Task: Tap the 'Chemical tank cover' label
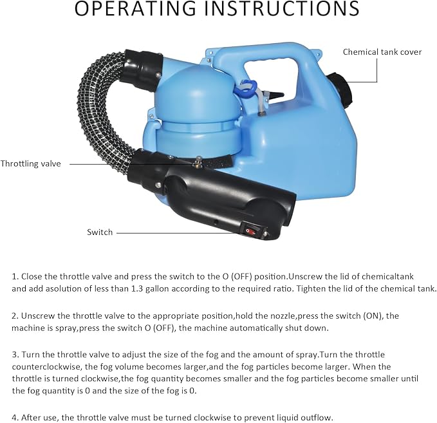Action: tap(382, 52)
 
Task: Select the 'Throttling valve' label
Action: tap(31, 164)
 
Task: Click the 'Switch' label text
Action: tap(100, 232)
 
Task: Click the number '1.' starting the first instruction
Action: tap(15, 276)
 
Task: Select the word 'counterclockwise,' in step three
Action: tap(42, 367)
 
